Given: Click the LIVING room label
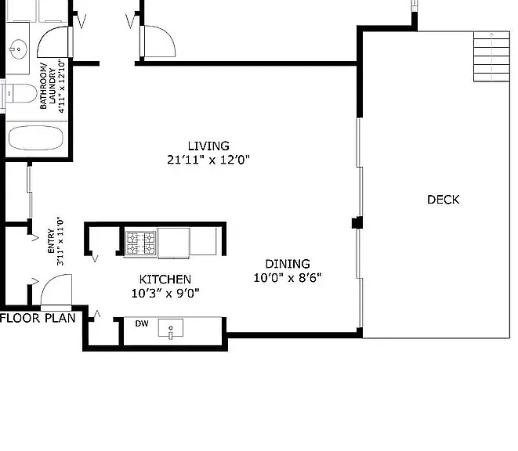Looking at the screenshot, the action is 208,146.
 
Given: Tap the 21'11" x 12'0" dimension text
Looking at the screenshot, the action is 208,160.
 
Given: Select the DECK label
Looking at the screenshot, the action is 444,200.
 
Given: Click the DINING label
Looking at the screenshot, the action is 288,264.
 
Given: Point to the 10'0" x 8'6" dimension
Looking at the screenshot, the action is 288,278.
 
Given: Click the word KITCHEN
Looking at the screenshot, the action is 165,280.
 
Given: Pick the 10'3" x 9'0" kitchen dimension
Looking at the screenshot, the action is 165,293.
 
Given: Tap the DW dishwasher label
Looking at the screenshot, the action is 142,323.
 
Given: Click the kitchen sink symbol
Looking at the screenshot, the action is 171,328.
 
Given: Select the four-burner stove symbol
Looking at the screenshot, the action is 141,243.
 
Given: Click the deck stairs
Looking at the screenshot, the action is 491,56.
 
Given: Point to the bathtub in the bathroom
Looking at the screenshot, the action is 36,138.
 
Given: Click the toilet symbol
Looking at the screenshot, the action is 20,93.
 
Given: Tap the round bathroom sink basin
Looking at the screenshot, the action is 18,49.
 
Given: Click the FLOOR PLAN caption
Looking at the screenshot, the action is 38,318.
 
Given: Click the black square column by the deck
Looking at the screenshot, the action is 357,223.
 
